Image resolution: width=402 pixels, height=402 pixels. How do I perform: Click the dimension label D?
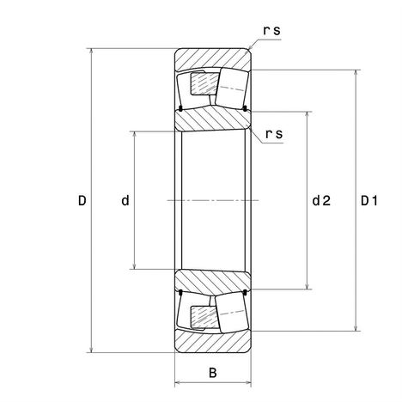pos(82,201)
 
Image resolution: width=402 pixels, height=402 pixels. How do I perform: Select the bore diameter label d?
pos(125,201)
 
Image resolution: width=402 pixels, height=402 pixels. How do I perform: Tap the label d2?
pos(321,201)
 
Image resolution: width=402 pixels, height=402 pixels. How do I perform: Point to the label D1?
pos(369,201)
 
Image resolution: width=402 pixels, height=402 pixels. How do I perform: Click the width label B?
pos(213,373)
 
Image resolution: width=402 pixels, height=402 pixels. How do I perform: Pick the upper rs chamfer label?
pos(271,31)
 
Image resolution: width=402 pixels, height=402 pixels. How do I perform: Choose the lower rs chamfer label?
pos(274,134)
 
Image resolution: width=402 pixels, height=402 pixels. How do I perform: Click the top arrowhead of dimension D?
pos(91,52)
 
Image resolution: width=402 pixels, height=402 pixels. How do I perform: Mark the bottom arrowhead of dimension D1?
pos(356,328)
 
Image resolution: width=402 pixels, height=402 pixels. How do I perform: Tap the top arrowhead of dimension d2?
pos(308,115)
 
